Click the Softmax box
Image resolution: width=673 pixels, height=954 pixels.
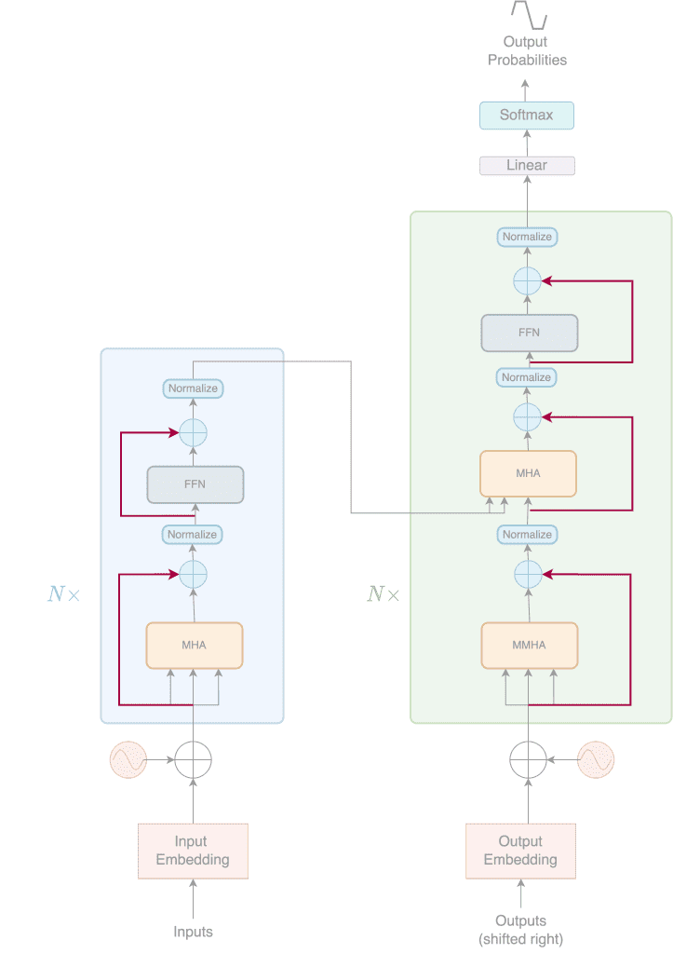[x=527, y=116]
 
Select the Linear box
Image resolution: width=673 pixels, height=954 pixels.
[x=527, y=166]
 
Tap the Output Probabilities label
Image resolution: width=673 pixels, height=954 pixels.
[x=527, y=50]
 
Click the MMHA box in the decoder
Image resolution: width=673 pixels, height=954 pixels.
[x=529, y=645]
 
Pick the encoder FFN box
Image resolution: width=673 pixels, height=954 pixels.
[x=195, y=484]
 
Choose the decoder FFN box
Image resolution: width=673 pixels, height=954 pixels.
[x=529, y=333]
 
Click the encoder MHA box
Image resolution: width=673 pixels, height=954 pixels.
[x=194, y=645]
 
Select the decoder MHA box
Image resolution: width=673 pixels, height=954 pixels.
[x=528, y=473]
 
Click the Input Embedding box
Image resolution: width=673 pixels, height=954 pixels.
[x=193, y=851]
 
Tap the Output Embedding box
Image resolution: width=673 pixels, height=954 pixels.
[x=520, y=851]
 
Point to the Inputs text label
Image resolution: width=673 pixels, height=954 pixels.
[x=193, y=932]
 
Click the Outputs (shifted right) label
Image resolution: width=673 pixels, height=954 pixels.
[x=520, y=930]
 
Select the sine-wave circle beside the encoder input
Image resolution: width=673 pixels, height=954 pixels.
[x=128, y=760]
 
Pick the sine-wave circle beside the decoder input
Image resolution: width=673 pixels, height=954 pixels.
[x=596, y=760]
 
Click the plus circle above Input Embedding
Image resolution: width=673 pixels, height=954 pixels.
[x=194, y=760]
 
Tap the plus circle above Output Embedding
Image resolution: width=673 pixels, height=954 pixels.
[x=528, y=760]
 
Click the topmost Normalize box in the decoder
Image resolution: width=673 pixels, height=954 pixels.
[x=527, y=238]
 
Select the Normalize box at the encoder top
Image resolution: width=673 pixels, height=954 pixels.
[x=193, y=388]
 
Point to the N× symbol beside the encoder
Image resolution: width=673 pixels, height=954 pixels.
[x=63, y=593]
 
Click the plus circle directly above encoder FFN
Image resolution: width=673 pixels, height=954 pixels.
[x=193, y=432]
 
